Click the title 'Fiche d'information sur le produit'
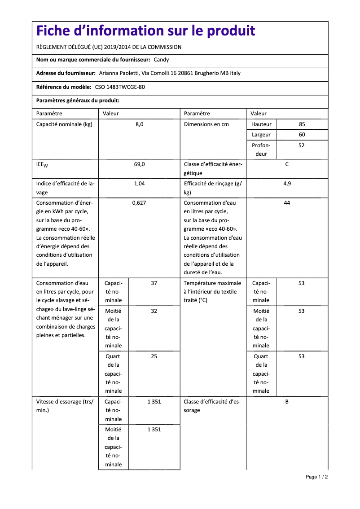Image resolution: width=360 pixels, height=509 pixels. click(x=145, y=31)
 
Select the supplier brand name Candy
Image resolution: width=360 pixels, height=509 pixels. click(x=161, y=60)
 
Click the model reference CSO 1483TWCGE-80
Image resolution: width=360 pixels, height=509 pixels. click(x=120, y=87)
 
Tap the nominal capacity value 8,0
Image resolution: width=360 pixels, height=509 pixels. click(x=139, y=124)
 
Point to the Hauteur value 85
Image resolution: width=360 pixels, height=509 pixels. click(x=301, y=124)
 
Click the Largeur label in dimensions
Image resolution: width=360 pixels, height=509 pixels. click(x=261, y=135)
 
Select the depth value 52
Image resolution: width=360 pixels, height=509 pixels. click(x=301, y=145)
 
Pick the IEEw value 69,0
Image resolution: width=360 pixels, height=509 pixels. click(x=139, y=164)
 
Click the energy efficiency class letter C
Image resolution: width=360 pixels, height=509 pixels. click(x=287, y=164)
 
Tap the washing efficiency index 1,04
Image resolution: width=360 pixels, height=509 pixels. click(x=139, y=184)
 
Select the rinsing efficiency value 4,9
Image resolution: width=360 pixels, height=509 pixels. click(x=287, y=184)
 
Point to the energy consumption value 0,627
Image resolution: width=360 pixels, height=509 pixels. click(x=139, y=203)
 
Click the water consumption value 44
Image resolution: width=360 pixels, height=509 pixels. click(x=287, y=203)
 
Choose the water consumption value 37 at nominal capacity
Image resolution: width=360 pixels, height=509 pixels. click(x=154, y=283)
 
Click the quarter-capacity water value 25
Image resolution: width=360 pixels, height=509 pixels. click(x=154, y=356)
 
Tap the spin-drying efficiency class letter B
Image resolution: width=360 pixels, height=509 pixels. click(x=287, y=402)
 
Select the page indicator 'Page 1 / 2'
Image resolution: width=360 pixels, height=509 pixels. click(x=316, y=477)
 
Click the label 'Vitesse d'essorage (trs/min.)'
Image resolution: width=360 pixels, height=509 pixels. click(x=65, y=406)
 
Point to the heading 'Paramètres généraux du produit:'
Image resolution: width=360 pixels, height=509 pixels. click(x=78, y=101)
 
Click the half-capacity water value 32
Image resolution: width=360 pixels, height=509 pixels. click(x=154, y=311)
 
